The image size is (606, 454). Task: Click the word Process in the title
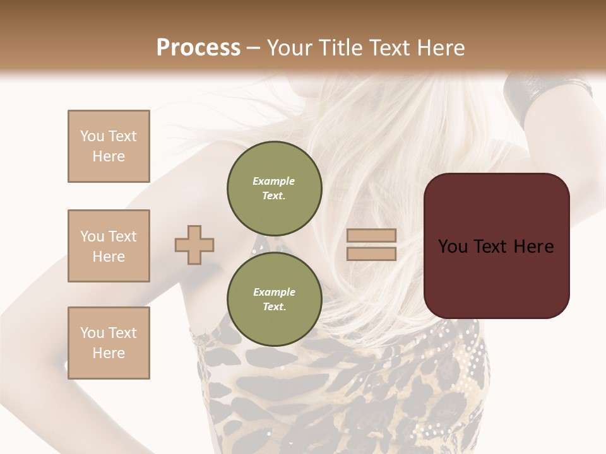[x=198, y=48]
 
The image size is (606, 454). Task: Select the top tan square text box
[x=109, y=146]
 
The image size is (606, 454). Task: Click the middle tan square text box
[x=109, y=246]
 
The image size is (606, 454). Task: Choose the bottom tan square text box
[x=109, y=343]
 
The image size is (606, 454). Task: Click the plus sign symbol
[x=194, y=245]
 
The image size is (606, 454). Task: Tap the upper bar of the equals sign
[x=372, y=236]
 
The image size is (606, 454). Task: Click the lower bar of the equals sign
[x=372, y=253]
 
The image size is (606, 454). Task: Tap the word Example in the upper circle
[x=274, y=181]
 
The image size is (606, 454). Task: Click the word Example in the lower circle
[x=274, y=292]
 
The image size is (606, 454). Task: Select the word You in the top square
[x=92, y=136]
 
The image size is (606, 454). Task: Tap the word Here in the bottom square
[x=109, y=353]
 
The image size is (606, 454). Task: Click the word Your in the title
[x=288, y=48]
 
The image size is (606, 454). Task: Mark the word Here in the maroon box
[x=533, y=247]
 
